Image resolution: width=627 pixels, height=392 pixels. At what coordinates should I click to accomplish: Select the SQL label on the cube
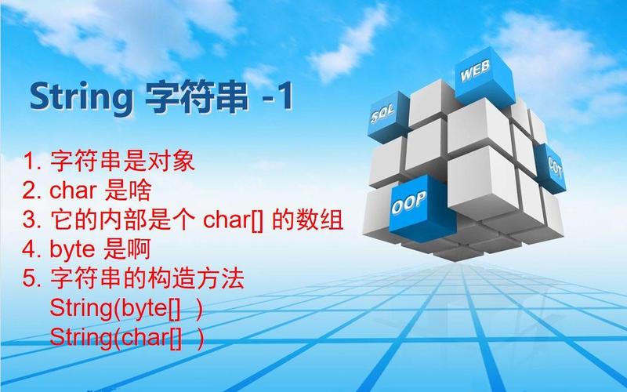coord(384,115)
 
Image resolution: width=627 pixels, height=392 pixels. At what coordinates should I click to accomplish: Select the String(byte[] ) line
coord(126,308)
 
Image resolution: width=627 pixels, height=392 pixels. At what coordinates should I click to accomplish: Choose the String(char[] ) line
coord(126,337)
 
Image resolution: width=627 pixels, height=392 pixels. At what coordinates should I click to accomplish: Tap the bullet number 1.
coord(31,163)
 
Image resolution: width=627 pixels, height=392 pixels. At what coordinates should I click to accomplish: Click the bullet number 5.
coord(31,279)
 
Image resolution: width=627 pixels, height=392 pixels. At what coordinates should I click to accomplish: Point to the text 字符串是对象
coord(121,163)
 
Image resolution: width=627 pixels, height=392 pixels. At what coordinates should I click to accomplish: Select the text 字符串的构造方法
coord(147,279)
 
